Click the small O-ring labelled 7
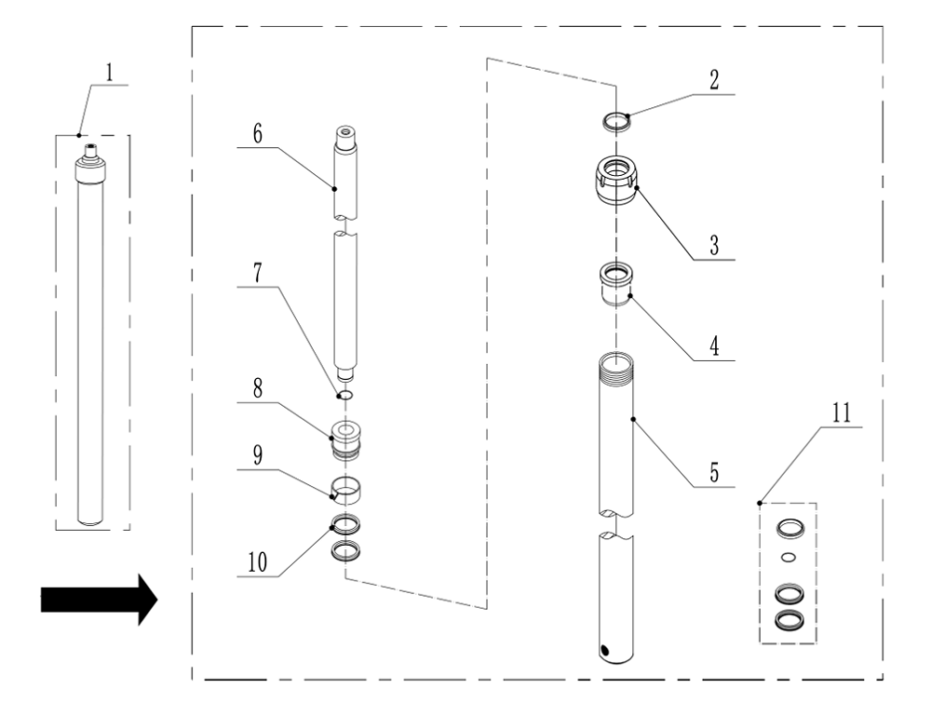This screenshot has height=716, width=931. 344,395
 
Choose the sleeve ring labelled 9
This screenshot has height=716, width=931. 345,487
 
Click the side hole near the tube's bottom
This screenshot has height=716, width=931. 607,650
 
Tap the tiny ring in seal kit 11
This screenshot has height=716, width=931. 789,558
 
